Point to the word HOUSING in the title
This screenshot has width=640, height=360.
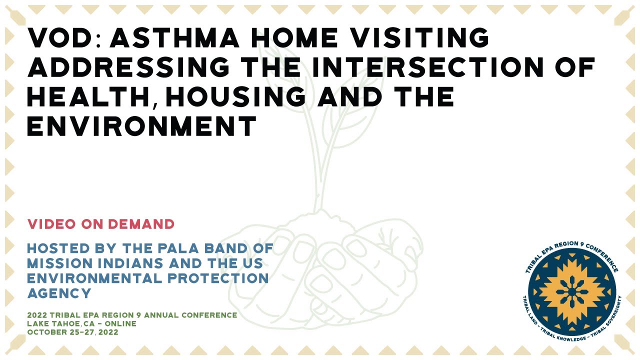coord(234,96)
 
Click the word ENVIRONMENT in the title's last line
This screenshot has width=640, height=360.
coord(142,126)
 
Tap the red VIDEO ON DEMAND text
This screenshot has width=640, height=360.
coord(101,224)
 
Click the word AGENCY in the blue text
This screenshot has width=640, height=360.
coord(59,293)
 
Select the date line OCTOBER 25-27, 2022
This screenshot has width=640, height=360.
coord(73,331)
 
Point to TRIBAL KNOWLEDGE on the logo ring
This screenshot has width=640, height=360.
coord(570,337)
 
